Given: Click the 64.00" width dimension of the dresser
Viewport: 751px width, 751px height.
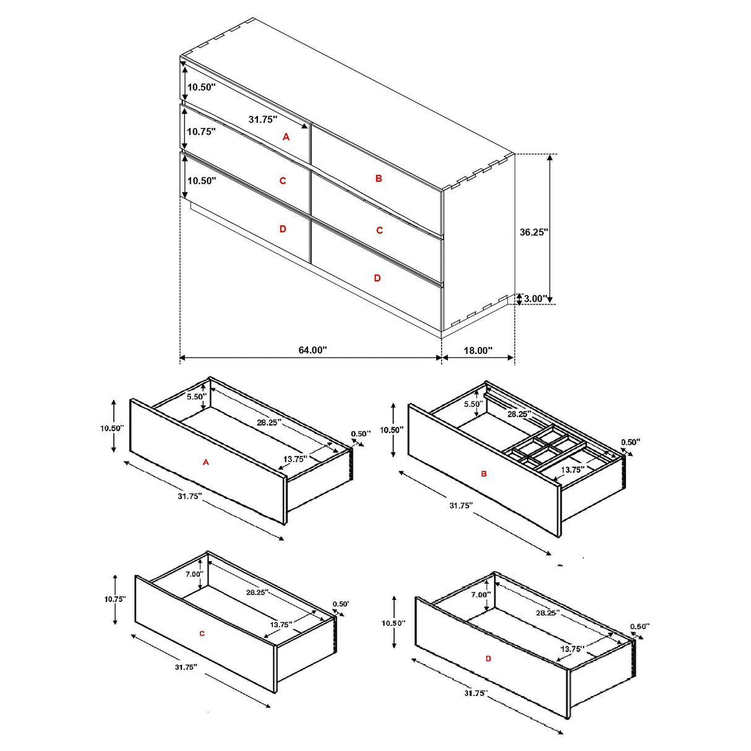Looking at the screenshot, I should click(312, 350).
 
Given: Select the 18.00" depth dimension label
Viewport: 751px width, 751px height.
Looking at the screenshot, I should click(478, 351).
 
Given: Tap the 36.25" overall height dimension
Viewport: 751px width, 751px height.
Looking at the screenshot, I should click(533, 232).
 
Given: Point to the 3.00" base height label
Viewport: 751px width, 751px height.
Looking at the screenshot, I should click(534, 299).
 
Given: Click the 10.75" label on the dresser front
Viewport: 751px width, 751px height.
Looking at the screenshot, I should click(201, 132).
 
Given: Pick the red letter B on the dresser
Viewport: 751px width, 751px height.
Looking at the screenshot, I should click(379, 178).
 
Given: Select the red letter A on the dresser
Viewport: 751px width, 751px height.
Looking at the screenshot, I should click(286, 137).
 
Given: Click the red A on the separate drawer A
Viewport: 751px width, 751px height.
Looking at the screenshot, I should click(206, 462).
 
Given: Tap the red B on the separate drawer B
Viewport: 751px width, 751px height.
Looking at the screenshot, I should click(484, 474).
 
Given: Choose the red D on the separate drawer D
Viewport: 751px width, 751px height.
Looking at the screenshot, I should click(488, 659).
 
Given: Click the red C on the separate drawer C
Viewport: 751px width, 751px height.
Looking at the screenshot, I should click(202, 633).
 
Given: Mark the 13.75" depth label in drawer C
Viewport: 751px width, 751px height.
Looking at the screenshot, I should click(280, 625).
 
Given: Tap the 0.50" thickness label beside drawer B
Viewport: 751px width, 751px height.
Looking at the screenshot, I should click(630, 442).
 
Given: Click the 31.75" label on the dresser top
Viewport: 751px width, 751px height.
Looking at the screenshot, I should click(263, 119).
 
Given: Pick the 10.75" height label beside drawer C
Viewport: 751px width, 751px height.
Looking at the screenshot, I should click(114, 599).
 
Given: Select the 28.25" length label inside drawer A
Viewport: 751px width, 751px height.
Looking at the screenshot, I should click(269, 423).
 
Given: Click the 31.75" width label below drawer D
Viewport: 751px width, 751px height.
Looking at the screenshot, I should click(475, 693).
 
